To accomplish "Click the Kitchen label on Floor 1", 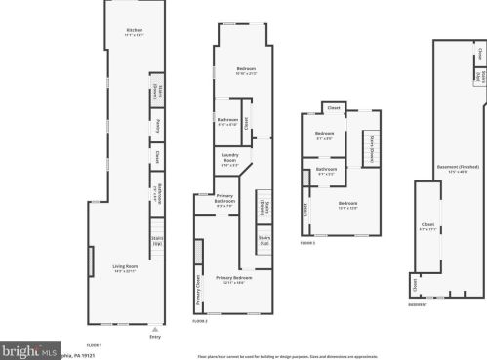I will tap(135, 32).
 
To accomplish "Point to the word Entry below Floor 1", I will tap(154, 337).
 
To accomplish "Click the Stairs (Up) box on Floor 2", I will tap(264, 239).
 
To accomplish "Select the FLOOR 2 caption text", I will tap(200, 320).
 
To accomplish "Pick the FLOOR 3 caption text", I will tap(307, 241).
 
